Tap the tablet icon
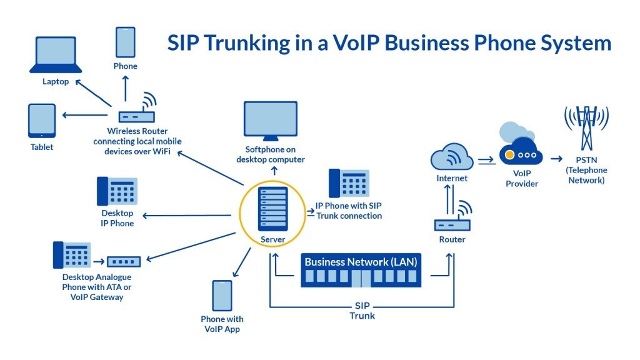coord(42,121)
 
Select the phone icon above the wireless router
coord(125,42)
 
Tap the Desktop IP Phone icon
coord(117,191)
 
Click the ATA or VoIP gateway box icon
coord(124,261)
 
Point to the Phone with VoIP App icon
coord(222,296)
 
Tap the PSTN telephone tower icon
coord(586,127)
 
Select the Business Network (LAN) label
coord(361,261)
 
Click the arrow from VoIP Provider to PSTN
coord(556,159)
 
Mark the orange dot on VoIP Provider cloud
coord(511,154)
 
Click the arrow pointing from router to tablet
coord(84,115)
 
